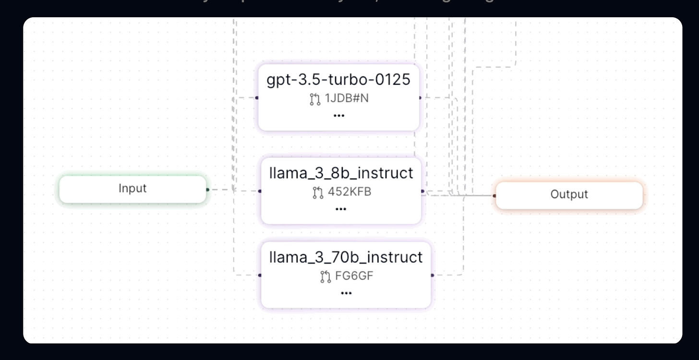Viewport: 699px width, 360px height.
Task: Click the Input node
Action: (x=133, y=189)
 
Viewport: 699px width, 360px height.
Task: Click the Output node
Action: (x=569, y=195)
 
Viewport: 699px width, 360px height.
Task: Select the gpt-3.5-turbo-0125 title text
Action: (x=338, y=80)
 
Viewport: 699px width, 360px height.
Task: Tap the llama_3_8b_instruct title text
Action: (x=341, y=173)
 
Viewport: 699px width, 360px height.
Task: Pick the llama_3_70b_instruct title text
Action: (x=346, y=257)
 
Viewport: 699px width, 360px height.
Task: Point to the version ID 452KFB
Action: (x=349, y=192)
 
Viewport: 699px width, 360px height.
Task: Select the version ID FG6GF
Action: (x=353, y=277)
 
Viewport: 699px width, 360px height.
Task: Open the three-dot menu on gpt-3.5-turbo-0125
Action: (x=339, y=116)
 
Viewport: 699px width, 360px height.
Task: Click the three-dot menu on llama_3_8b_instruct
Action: (x=341, y=209)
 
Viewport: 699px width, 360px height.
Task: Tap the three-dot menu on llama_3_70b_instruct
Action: (x=346, y=293)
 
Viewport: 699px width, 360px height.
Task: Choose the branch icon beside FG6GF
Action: (x=325, y=277)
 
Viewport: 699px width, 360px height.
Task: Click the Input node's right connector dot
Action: (x=207, y=190)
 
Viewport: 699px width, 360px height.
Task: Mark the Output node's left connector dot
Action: (x=494, y=196)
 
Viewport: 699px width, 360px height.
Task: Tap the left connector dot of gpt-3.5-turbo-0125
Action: (x=257, y=98)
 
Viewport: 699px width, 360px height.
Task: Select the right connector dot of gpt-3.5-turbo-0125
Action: (x=420, y=98)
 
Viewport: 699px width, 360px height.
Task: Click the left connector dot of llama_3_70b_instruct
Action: (x=260, y=276)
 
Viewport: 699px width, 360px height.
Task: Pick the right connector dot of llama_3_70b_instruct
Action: (x=433, y=276)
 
